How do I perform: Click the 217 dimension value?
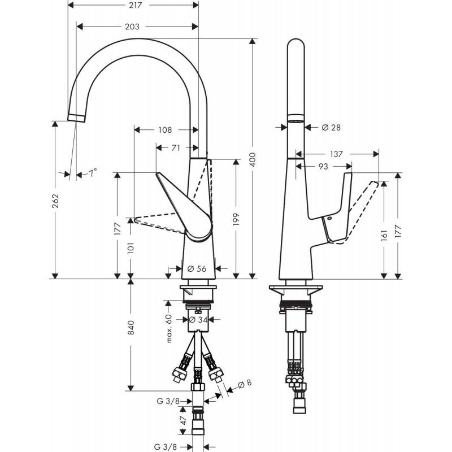(135, 5)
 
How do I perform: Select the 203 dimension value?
(132, 27)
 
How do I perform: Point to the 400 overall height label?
(253, 159)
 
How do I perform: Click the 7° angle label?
(93, 173)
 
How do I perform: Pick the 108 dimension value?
(165, 130)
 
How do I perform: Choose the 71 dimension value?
(176, 148)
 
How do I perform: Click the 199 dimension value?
(236, 219)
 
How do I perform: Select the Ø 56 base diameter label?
(197, 269)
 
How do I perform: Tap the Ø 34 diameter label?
(198, 319)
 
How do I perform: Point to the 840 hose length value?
(131, 327)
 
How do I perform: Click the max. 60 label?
(169, 328)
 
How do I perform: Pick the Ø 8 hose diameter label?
(245, 384)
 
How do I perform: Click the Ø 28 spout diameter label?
(331, 127)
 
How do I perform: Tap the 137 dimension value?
(336, 154)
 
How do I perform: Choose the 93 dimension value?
(323, 166)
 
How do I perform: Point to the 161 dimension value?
(384, 236)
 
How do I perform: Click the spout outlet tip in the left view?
(76, 118)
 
